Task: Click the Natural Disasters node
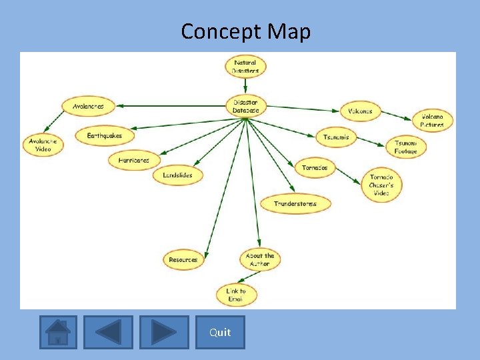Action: click(x=245, y=67)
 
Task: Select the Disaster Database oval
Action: click(x=246, y=106)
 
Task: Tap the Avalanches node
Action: click(x=88, y=106)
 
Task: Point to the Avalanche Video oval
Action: click(x=43, y=145)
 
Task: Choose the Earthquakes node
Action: click(x=105, y=135)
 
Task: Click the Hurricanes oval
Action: click(x=134, y=160)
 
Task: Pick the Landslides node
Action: click(x=177, y=175)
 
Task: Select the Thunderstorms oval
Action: click(x=295, y=203)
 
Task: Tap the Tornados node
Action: click(x=315, y=168)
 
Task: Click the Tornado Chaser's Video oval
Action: click(x=381, y=185)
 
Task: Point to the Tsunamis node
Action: click(x=336, y=137)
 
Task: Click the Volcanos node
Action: click(x=360, y=111)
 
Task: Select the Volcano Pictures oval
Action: click(x=432, y=121)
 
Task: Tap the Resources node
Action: click(x=183, y=259)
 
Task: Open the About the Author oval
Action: click(x=259, y=259)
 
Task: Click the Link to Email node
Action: click(x=236, y=295)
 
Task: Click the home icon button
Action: click(x=58, y=332)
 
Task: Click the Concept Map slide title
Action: click(x=245, y=31)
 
